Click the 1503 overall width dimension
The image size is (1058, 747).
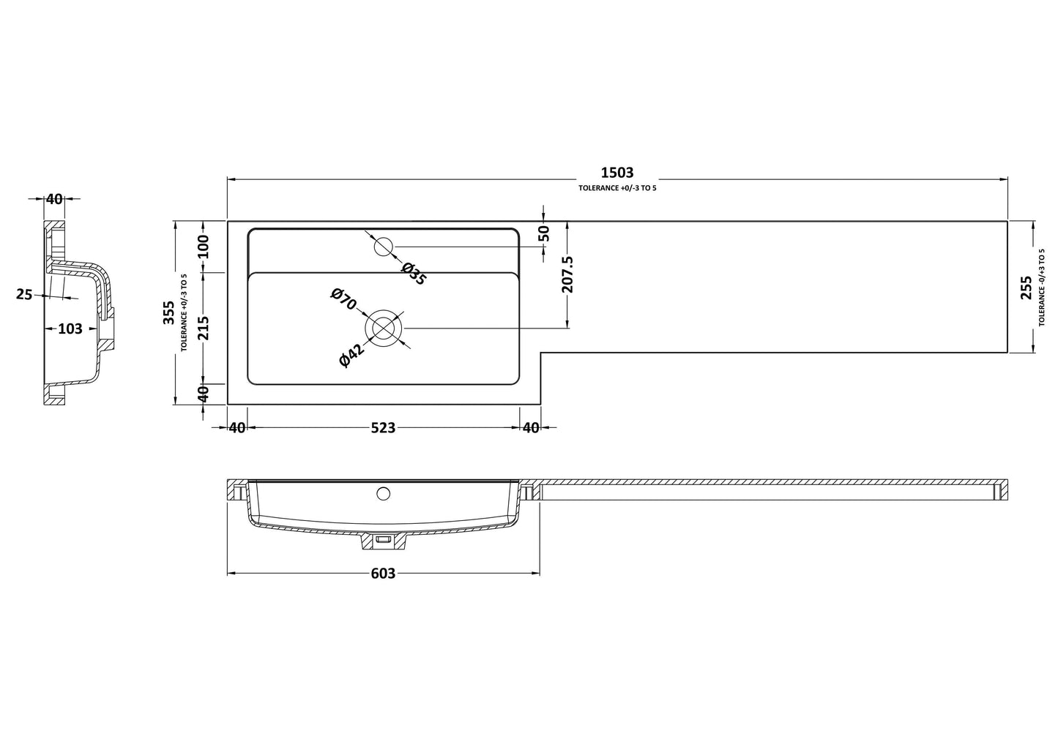[x=617, y=173]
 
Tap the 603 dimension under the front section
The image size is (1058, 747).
[x=383, y=574]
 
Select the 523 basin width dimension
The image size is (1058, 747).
[x=383, y=428]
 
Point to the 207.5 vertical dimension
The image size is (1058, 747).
[x=567, y=274]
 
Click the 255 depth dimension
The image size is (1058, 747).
[x=1026, y=288]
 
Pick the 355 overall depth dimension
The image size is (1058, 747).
[x=168, y=312]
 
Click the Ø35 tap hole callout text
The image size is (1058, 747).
[x=414, y=274]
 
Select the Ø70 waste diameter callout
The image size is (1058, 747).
[x=343, y=299]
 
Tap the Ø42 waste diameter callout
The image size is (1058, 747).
[x=352, y=356]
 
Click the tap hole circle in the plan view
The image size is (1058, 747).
[x=383, y=247]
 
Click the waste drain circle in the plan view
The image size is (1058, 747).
[x=384, y=329]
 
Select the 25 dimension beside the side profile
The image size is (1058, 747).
[x=24, y=294]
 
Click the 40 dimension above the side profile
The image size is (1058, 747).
[x=54, y=200]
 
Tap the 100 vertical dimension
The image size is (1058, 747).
[x=203, y=247]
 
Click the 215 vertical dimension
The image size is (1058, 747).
[x=203, y=328]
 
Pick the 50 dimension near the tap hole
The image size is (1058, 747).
[x=544, y=233]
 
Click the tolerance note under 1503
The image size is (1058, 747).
[x=617, y=188]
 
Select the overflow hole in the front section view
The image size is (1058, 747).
[x=383, y=494]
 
